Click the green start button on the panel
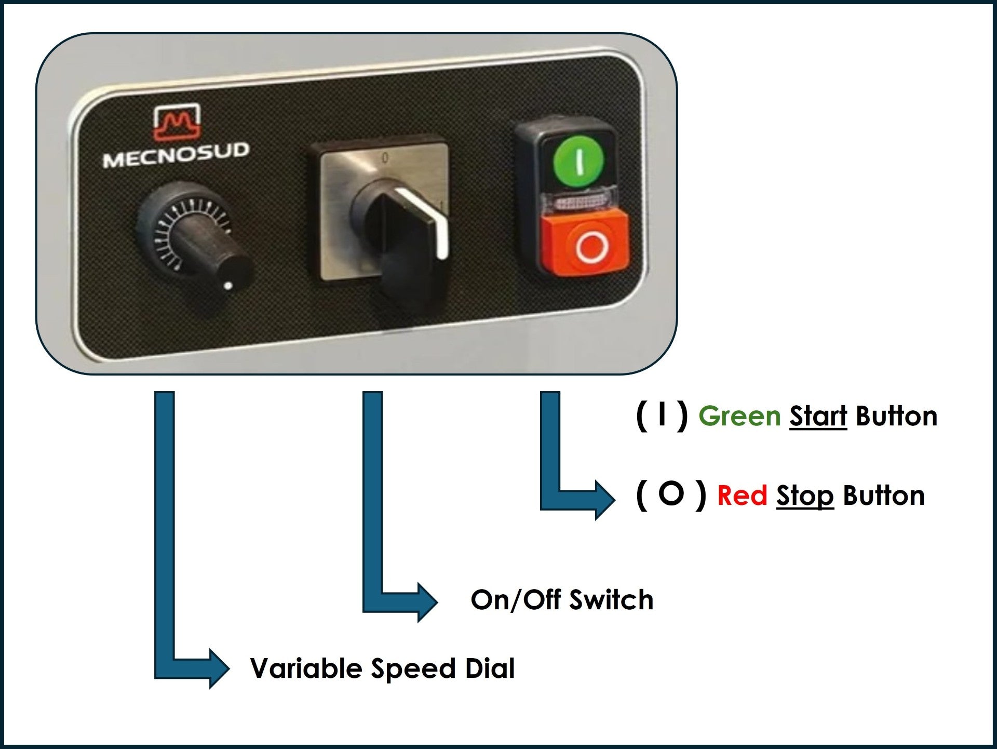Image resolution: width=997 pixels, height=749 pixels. pos(578,159)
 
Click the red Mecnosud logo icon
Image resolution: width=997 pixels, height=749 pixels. pos(177,122)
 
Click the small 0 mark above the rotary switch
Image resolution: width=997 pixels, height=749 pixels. pos(385,157)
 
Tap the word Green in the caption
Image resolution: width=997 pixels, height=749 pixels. pos(739,417)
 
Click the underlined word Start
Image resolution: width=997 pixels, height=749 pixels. pos(818,417)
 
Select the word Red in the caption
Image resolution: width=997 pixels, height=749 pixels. pos(742,496)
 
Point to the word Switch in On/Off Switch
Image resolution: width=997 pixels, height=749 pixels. pos(611,600)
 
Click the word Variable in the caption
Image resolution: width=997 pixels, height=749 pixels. pos(306,668)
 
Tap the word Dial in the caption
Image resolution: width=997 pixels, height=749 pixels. pos(490,668)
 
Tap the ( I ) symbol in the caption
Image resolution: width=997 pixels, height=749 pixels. pos(662,416)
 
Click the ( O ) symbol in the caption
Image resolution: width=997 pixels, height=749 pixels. pos(671,495)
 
